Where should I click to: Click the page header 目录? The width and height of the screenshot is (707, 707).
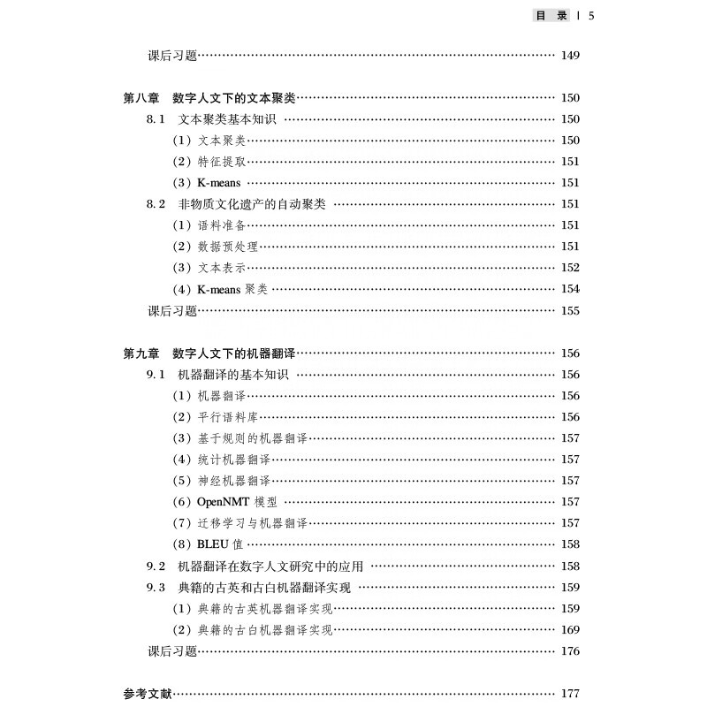point(551,15)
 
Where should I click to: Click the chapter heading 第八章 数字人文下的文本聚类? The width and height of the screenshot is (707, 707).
point(210,98)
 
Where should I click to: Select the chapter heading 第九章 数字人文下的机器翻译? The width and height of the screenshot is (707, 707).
point(210,353)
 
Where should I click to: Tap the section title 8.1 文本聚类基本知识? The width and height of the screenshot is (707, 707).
point(211,119)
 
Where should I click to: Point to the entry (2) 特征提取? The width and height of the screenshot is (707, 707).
point(209,162)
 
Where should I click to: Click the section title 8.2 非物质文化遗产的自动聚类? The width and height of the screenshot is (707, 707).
point(236,204)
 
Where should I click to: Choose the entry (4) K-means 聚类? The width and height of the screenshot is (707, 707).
point(220,289)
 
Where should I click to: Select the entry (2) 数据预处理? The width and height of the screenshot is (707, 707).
point(216,247)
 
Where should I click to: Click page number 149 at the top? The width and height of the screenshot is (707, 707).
point(570,56)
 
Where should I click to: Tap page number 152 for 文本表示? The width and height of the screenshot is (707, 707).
point(570,268)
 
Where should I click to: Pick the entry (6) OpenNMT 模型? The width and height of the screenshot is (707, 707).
point(224,502)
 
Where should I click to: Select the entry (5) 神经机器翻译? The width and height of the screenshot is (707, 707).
point(222,481)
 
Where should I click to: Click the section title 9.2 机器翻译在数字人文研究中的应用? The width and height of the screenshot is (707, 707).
point(255,566)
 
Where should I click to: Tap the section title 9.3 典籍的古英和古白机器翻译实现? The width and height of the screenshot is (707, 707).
point(249,587)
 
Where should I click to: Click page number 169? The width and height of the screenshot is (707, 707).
point(570,629)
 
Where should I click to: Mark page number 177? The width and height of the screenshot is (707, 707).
point(570,694)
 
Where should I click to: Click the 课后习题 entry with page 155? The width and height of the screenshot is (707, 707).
point(171,311)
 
